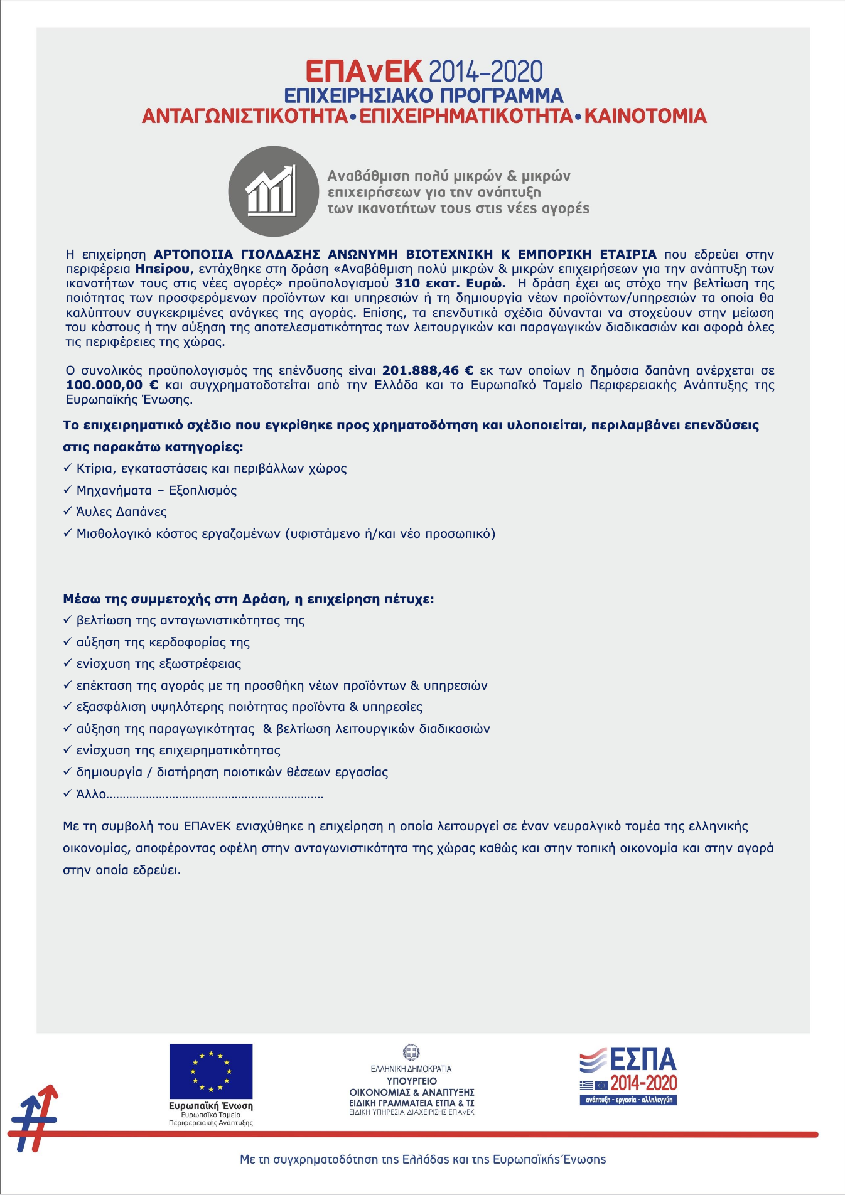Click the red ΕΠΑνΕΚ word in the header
tap(363, 72)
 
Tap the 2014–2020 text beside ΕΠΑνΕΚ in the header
tap(486, 72)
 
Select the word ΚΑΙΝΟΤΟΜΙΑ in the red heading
tap(645, 116)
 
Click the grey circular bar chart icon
tap(273, 191)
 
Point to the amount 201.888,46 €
tap(428, 370)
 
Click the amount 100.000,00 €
tap(112, 385)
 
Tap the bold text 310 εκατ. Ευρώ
tap(449, 283)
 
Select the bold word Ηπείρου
tap(162, 269)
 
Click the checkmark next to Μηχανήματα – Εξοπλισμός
tap(68, 490)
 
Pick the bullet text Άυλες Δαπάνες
tap(121, 512)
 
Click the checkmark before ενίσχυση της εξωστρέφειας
tap(68, 663)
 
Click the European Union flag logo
tap(211, 1071)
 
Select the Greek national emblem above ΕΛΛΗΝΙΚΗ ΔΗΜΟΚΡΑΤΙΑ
tap(411, 1052)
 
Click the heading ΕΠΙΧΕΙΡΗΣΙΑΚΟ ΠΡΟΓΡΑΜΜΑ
tap(424, 95)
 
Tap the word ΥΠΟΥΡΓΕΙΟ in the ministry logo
tap(411, 1081)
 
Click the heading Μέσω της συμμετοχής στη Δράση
tap(248, 599)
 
